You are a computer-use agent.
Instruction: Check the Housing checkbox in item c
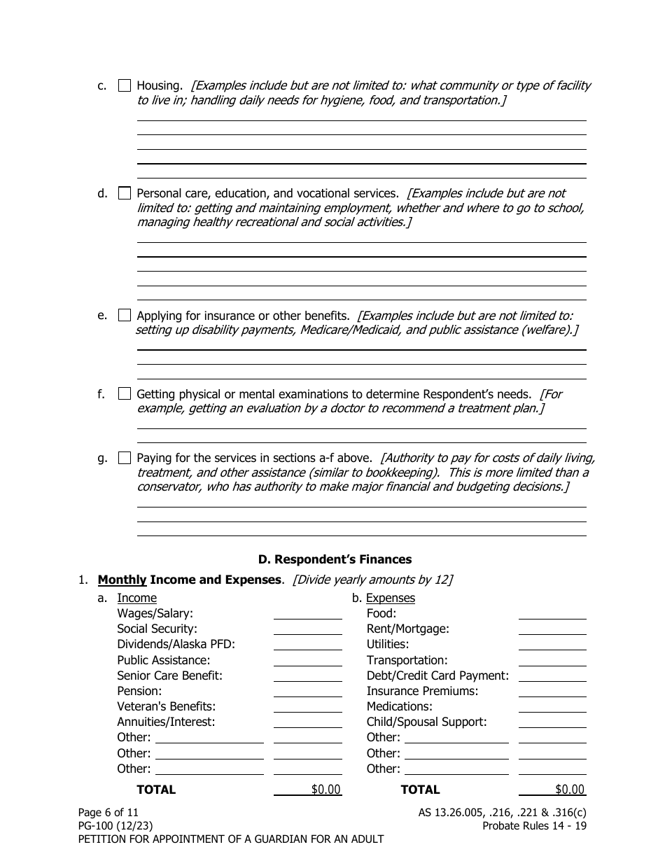coord(124,86)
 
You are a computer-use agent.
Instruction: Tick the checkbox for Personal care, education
coord(124,193)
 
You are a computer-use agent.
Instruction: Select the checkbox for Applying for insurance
coord(124,316)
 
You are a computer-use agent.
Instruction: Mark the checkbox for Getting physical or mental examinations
coord(124,394)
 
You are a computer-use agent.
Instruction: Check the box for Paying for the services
coord(124,458)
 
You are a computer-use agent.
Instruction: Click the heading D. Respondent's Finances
coord(335,559)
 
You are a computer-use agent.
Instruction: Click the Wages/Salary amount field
coord(307,613)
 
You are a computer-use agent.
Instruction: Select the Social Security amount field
coord(307,629)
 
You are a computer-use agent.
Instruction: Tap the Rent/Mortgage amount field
coord(552,629)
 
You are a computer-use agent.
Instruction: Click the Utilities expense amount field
coord(552,644)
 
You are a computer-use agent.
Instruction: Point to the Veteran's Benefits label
coord(166,706)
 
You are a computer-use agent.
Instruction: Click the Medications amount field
coord(552,706)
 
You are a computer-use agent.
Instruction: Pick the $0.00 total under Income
coord(325,790)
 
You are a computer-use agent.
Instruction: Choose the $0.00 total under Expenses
coord(569,790)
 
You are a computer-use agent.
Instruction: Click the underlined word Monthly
coord(122,580)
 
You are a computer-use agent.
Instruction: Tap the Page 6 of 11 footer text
coord(108,813)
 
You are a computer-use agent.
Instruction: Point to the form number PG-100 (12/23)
coord(115,826)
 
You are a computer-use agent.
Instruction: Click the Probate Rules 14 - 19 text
coord(534,826)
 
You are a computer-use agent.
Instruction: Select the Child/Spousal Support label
coord(426,722)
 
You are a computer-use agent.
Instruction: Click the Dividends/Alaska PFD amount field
coord(307,644)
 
